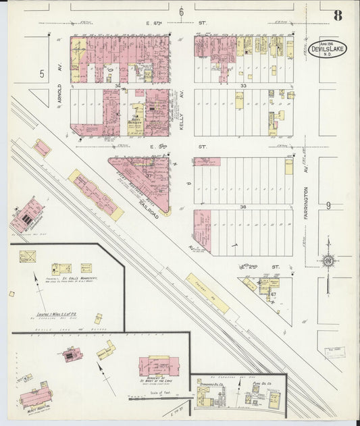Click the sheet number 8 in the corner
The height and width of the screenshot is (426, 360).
(x=336, y=15)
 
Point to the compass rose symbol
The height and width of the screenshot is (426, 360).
(x=327, y=261)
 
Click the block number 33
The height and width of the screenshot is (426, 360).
(x=243, y=86)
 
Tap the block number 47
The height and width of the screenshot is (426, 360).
(x=274, y=294)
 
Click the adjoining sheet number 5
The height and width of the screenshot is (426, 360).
(x=41, y=74)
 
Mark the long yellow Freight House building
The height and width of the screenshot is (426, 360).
(x=207, y=293)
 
